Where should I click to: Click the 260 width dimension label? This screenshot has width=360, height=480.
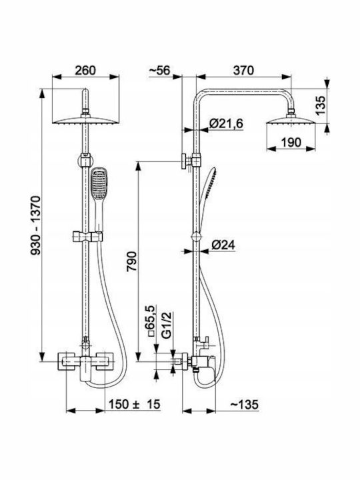(85, 70)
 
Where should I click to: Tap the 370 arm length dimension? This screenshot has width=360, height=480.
(243, 70)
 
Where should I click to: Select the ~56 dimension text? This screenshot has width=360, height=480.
(159, 70)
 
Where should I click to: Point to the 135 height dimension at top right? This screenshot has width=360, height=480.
(321, 105)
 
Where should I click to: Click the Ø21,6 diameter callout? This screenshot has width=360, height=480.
(226, 124)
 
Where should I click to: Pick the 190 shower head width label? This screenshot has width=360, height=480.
(291, 143)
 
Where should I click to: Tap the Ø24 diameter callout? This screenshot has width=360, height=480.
(223, 245)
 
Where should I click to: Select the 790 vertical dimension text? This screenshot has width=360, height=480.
(131, 261)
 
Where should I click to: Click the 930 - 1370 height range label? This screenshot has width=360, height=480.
(35, 225)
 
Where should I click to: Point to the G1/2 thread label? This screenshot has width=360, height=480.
(167, 325)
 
